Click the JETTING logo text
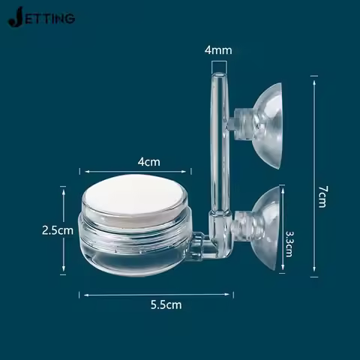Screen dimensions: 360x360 click(x=41, y=17)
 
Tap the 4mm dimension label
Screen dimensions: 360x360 click(x=218, y=50)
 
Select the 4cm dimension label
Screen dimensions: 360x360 click(x=148, y=161)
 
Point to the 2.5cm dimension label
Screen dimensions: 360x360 click(x=58, y=230)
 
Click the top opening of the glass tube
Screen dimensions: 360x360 click(x=218, y=75)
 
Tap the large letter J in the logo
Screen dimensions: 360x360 click(x=14, y=16)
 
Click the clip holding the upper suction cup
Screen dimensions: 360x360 click(x=241, y=119)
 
